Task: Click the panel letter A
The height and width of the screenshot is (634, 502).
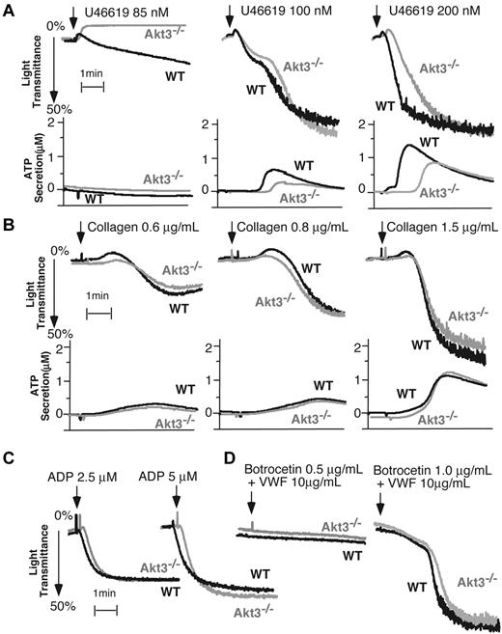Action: click(9, 9)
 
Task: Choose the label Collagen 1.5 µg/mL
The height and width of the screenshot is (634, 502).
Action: click(442, 229)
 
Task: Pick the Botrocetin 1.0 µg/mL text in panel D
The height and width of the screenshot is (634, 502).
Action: click(431, 474)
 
